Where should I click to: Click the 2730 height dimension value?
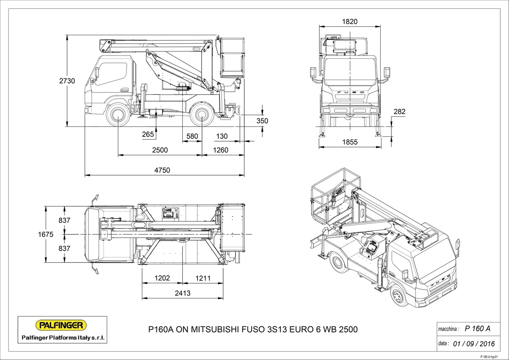point(67,81)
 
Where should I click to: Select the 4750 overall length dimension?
point(162,170)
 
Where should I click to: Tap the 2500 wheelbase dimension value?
point(160,150)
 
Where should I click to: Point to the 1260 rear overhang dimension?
point(220,150)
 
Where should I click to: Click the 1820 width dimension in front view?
point(350,22)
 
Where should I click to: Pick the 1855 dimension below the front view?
point(350,142)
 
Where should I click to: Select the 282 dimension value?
point(399,112)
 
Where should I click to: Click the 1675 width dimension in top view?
point(46,235)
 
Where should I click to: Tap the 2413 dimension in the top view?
point(182,293)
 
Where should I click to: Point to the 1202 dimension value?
point(162,278)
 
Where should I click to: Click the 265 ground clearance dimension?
point(148,134)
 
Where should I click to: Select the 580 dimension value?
point(192,136)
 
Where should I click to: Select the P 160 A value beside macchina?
point(477,329)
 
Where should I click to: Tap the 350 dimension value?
point(262,121)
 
